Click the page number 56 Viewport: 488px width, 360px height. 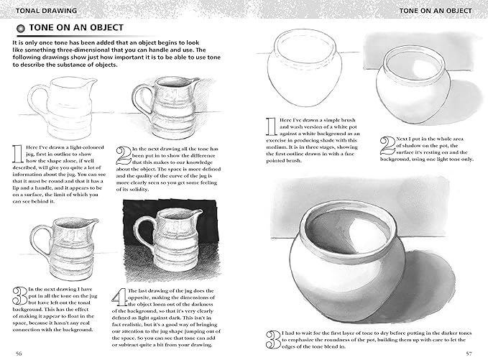(19, 353)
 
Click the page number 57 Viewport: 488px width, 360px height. (468, 353)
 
